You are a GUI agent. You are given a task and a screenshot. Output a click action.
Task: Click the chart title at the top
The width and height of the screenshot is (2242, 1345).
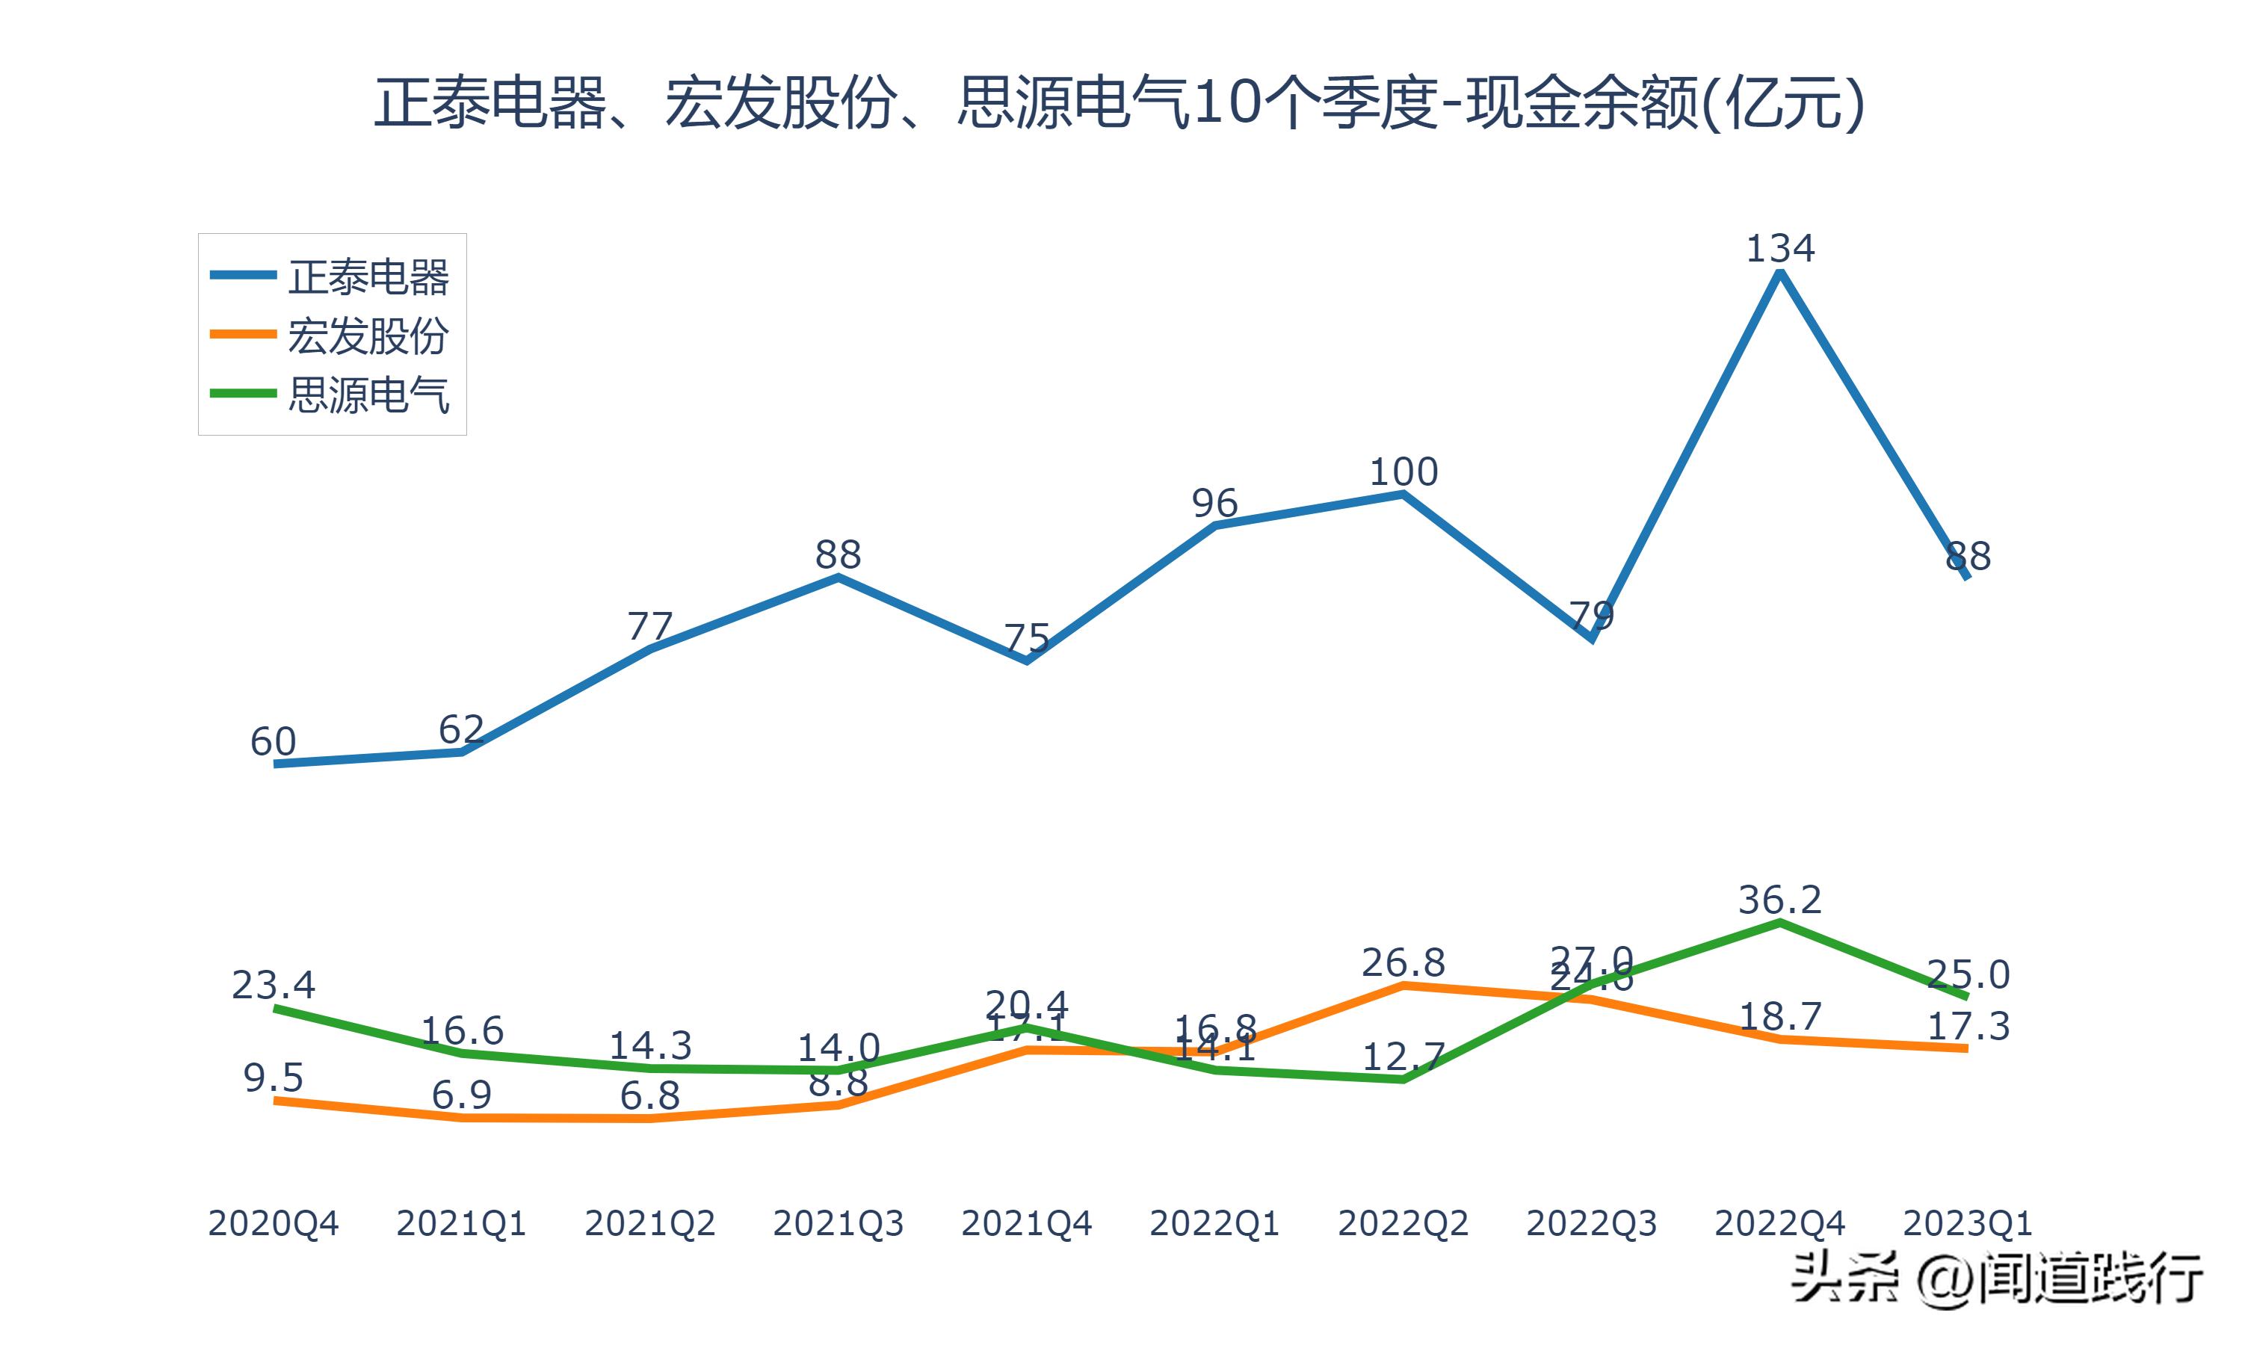click(1120, 103)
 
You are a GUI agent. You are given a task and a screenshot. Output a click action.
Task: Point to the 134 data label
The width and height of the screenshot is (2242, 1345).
click(1780, 248)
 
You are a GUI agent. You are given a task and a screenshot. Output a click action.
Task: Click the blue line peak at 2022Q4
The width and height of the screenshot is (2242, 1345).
click(1780, 273)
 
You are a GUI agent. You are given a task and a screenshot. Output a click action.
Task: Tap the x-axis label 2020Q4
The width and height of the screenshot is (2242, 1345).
click(273, 1223)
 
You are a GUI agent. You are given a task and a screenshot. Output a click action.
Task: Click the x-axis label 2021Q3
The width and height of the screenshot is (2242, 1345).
click(839, 1223)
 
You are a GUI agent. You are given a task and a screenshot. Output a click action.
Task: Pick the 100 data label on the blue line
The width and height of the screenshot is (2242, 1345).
click(1403, 472)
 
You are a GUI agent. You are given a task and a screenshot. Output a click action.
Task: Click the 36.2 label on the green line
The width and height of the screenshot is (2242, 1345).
click(1780, 900)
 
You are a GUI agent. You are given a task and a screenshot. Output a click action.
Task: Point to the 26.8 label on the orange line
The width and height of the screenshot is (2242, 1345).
click(1403, 962)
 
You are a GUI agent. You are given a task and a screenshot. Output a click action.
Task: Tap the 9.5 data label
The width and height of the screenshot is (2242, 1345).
click(273, 1078)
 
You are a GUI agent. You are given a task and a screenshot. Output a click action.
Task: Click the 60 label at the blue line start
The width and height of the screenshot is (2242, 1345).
click(273, 742)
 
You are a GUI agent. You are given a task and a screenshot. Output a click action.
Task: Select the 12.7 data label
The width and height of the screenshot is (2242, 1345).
click(1403, 1057)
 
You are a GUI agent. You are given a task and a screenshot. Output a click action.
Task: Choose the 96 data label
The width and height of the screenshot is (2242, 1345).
click(1214, 503)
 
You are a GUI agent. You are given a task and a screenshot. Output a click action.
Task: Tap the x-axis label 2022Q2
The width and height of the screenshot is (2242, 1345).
click(1403, 1223)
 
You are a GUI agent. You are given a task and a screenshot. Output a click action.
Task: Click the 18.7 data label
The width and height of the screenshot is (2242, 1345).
click(1780, 1017)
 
